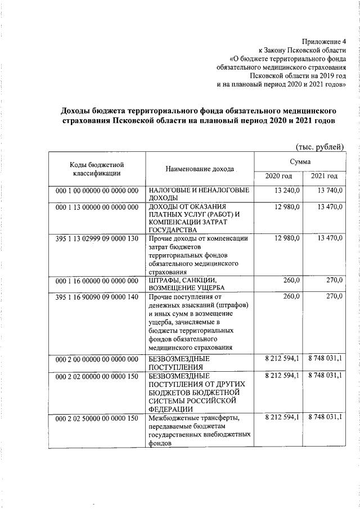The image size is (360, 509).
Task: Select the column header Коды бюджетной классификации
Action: (97, 169)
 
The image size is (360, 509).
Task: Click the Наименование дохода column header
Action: (199, 169)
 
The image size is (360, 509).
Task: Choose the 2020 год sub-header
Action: (279, 177)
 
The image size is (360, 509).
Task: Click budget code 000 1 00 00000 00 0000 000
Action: (97, 191)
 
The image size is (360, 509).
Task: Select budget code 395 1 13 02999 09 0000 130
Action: (97, 238)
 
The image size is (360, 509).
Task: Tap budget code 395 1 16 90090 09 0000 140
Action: (97, 297)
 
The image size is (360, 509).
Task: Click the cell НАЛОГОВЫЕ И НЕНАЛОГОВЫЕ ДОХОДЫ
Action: (198, 195)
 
